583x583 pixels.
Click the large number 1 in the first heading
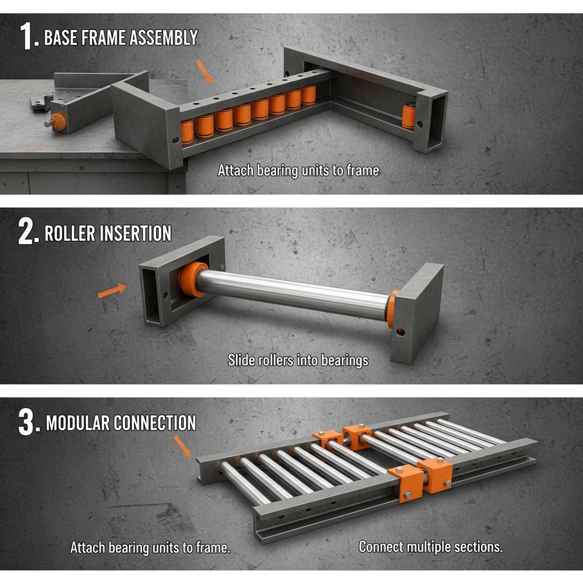tap(28, 36)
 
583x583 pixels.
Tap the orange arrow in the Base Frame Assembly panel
tap(204, 71)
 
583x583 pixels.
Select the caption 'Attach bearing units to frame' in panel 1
tap(298, 170)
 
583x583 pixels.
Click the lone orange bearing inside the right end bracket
tap(408, 116)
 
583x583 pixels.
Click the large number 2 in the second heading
tap(28, 233)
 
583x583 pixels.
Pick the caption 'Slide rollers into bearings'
tap(298, 360)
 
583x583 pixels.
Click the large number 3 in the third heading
tap(28, 423)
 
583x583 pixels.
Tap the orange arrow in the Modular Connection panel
tap(183, 445)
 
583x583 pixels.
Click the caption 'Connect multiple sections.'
tap(431, 547)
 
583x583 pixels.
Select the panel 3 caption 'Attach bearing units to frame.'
tap(150, 548)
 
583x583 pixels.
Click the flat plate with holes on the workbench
tap(40, 102)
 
